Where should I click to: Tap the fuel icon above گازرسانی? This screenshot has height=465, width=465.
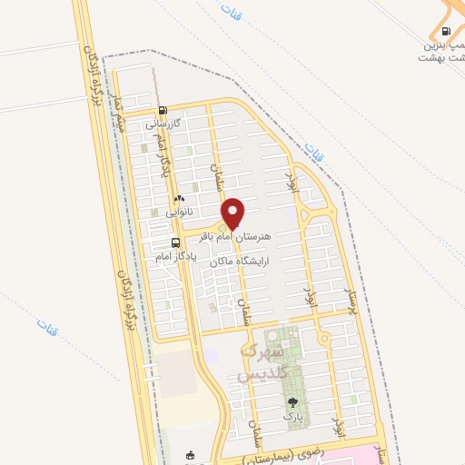[163, 112]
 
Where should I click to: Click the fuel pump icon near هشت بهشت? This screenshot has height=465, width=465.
[445, 30]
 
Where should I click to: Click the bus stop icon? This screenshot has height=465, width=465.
[176, 242]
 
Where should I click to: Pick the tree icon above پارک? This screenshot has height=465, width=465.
[292, 402]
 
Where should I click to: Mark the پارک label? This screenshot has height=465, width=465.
[292, 416]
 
